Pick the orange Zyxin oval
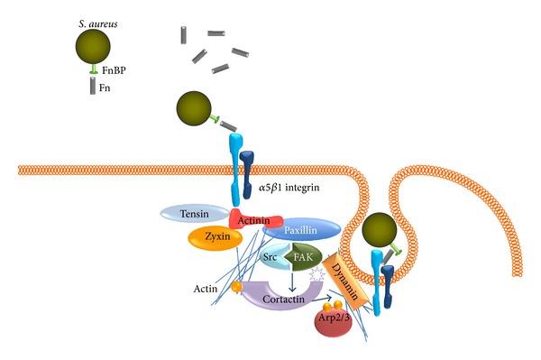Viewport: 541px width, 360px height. (x=213, y=236)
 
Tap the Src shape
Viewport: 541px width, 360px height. (x=272, y=257)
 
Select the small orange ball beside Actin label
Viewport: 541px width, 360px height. (x=237, y=287)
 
